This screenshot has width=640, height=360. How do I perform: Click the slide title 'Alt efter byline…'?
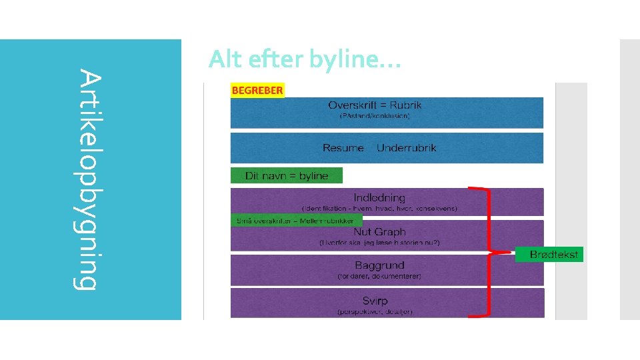point(304,60)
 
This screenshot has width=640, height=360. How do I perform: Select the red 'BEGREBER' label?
point(257,90)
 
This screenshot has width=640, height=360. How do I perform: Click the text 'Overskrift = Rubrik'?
point(375,105)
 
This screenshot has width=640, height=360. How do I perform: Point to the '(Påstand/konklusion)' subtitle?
point(375,116)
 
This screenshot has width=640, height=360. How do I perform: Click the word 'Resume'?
point(343,148)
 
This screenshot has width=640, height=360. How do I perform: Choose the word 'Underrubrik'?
point(406,148)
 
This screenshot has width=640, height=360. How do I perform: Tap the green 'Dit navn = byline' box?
point(287,176)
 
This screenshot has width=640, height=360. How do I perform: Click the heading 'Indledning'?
point(379,197)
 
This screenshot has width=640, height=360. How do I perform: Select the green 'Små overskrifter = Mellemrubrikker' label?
point(296,219)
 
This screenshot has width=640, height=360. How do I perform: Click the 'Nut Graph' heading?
point(379,232)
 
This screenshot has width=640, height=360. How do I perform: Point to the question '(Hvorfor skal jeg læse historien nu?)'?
point(379,243)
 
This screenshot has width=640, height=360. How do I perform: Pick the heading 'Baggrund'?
point(379,265)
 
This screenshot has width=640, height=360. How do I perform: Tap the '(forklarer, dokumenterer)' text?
point(379,276)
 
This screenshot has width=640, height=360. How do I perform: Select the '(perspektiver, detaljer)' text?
point(375,311)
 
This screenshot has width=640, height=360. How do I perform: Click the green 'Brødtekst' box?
point(550,255)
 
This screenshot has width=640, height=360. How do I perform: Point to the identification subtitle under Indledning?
point(379,208)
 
